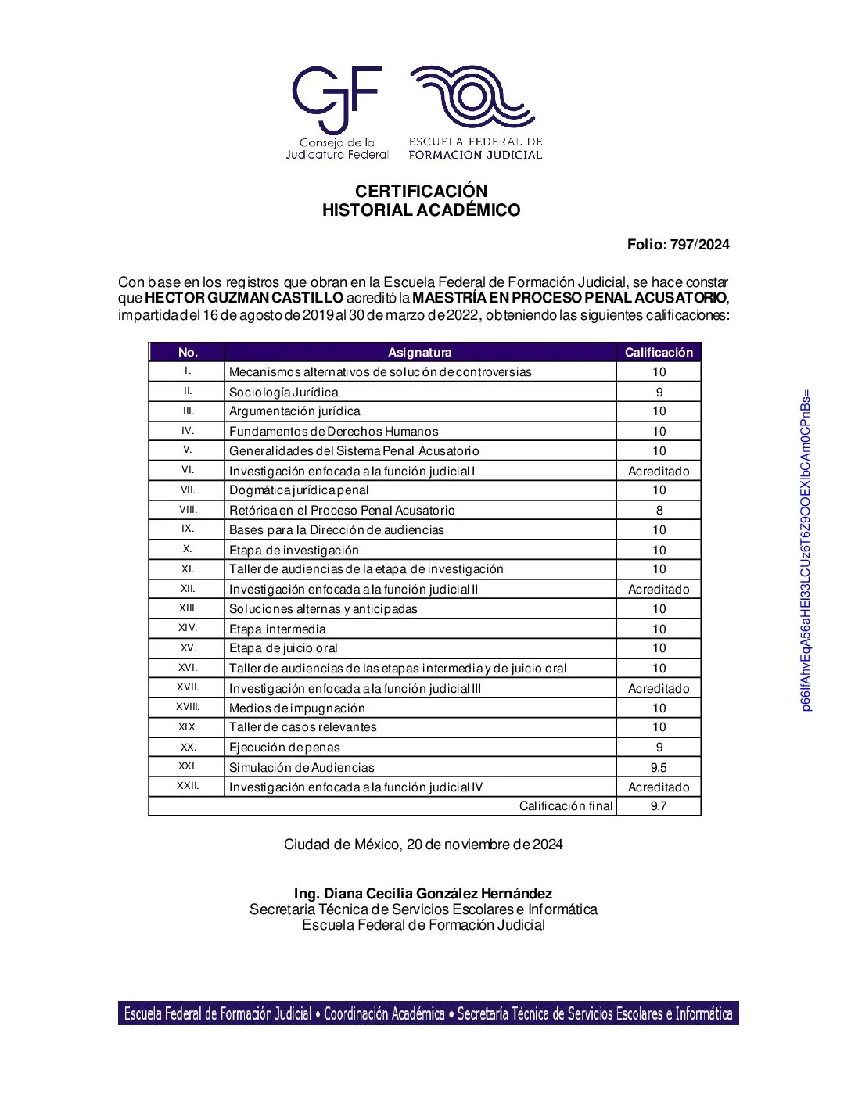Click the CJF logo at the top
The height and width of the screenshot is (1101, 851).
pos(336,112)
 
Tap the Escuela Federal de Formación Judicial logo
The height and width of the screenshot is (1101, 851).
pos(475,112)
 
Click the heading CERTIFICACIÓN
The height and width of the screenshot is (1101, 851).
pos(421,192)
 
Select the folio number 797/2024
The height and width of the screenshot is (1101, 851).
pos(699,245)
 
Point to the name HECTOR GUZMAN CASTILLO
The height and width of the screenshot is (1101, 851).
pos(244,298)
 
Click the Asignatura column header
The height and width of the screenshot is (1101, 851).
pos(420,353)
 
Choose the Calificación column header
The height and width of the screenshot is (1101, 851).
pos(659,353)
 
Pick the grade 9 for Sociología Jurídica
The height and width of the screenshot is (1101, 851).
pos(659,393)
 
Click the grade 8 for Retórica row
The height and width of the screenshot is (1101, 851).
pos(659,511)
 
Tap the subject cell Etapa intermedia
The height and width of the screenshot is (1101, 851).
pos(278,629)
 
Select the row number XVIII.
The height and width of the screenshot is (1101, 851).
pos(188,708)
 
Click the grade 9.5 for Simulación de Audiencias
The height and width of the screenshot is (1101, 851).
pos(659,768)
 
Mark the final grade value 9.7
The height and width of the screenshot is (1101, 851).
pos(659,806)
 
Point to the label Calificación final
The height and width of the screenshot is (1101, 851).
pos(566,806)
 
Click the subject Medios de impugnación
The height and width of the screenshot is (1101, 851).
pos(297,708)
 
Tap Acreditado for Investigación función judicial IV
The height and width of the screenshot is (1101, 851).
pos(659,787)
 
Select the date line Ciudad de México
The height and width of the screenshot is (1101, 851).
pos(423,845)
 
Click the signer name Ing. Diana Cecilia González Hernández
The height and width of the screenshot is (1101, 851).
pos(423,894)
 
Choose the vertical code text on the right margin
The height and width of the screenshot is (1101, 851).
pos(806,550)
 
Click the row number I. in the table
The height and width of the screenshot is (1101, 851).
pos(188,371)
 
